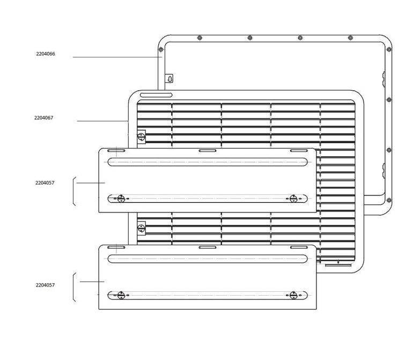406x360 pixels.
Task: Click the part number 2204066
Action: (45, 54)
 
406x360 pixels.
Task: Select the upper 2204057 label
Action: (45, 183)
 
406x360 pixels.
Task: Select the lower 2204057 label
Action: (45, 285)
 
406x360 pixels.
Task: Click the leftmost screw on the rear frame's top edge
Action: (200, 38)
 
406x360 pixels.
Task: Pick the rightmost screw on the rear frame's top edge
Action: (350, 38)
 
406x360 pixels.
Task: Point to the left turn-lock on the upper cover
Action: (121, 199)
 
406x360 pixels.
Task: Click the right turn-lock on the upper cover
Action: (293, 199)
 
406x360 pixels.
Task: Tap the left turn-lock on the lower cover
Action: (121, 295)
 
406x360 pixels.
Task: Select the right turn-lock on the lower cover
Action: (293, 295)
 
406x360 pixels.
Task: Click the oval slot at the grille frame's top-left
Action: (156, 95)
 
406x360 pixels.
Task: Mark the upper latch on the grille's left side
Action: (142, 136)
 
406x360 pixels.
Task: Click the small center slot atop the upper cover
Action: (207, 151)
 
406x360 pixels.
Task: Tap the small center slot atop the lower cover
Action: (207, 247)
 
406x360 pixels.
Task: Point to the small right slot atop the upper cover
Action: (298, 151)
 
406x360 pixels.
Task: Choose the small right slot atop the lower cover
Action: (298, 247)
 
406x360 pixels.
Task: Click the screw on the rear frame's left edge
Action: (161, 50)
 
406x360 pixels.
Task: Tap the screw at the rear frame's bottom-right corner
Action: (388, 200)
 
